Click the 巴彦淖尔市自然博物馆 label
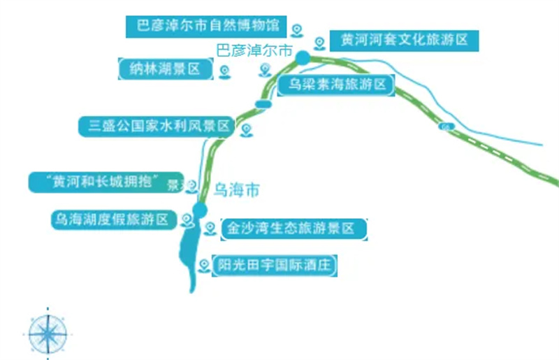pyautogui.click(x=205, y=27)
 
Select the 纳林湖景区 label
pyautogui.click(x=166, y=68)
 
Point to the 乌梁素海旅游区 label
pyautogui.click(x=333, y=85)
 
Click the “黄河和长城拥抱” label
pyautogui.click(x=105, y=182)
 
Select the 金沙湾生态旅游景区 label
pyautogui.click(x=293, y=229)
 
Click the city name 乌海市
pyautogui.click(x=236, y=189)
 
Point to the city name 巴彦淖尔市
pyautogui.click(x=254, y=50)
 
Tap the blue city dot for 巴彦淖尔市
pyautogui.click(x=303, y=57)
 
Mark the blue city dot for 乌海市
pyautogui.click(x=200, y=210)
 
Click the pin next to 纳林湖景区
pyautogui.click(x=224, y=71)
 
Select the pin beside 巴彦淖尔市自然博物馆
pyautogui.click(x=297, y=29)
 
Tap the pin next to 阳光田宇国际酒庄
pyautogui.click(x=203, y=265)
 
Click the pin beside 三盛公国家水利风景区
pyautogui.click(x=245, y=129)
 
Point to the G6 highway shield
pyautogui.click(x=445, y=127)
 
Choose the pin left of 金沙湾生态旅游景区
pyautogui.click(x=210, y=228)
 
